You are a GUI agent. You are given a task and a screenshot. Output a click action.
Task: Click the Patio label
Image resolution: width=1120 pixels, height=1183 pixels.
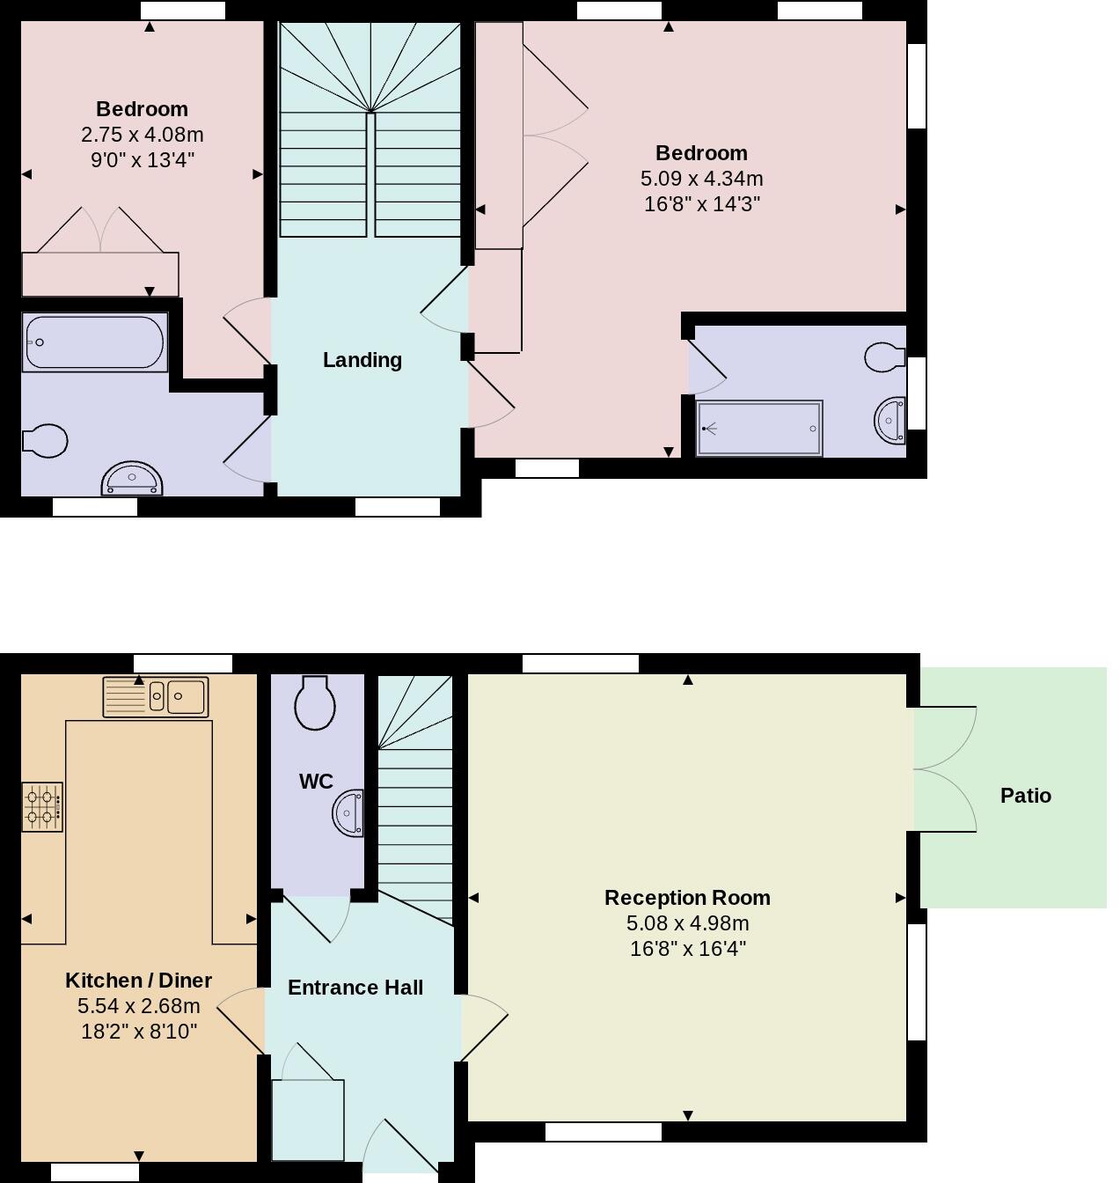point(1025,796)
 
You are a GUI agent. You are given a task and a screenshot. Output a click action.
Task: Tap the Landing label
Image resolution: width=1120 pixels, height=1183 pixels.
point(362,360)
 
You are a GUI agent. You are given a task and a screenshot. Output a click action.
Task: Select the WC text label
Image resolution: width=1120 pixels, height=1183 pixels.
point(316,782)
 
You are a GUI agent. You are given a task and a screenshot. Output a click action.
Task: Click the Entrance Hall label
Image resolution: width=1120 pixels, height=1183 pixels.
point(355,988)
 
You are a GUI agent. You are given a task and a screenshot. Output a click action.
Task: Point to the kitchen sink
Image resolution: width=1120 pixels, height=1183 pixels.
point(156,697)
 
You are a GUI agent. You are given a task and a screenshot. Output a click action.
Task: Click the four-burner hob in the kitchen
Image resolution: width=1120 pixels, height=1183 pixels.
point(42,807)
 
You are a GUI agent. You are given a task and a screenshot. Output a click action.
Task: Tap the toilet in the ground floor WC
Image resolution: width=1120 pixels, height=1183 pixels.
point(314,702)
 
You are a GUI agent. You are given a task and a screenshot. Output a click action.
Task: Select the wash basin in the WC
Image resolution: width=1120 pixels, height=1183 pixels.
point(349,812)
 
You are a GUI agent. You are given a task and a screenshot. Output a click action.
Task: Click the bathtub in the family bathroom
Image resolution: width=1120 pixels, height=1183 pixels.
point(94,342)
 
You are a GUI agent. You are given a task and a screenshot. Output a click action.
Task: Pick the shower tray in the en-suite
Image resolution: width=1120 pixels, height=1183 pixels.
point(759,429)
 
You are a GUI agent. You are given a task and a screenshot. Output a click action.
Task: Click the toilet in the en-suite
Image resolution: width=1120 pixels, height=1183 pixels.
point(884,357)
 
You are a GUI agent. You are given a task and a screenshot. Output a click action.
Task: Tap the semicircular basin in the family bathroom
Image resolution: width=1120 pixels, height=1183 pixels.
point(132,480)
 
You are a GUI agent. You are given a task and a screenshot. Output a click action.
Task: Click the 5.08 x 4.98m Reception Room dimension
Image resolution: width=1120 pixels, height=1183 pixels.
point(687,923)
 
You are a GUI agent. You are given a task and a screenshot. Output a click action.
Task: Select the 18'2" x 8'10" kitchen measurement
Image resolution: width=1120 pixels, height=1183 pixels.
point(139,1032)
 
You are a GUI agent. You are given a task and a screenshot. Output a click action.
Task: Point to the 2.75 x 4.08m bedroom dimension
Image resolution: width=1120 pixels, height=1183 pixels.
point(142,135)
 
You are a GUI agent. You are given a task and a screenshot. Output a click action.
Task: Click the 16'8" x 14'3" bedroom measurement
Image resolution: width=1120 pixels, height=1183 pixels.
point(701,204)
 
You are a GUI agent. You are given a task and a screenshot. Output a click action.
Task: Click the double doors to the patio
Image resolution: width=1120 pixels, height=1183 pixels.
point(946,769)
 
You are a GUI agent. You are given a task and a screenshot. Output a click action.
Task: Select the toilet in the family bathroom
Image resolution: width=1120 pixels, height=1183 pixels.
point(45,441)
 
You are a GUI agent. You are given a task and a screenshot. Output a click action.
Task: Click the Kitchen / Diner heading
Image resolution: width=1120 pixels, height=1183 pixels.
point(139,981)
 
